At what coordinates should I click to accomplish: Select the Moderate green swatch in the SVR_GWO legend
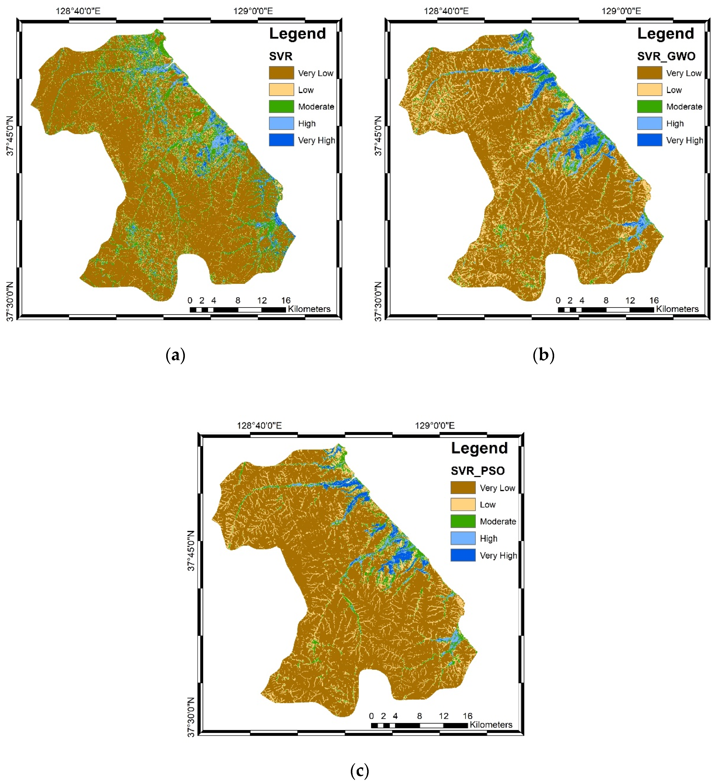pos(649,106)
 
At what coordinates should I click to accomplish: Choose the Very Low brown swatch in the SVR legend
pos(281,73)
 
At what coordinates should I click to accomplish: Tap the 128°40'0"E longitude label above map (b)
pos(446,11)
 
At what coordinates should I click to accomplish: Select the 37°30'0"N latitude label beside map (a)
pos(10,301)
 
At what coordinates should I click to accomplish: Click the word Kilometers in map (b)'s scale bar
pos(677,309)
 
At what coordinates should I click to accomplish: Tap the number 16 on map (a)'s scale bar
pos(286,300)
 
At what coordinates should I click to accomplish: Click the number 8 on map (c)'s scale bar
pos(419,716)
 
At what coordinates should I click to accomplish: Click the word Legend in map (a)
pos(297,34)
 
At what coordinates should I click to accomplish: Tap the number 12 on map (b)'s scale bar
pos(630,300)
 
